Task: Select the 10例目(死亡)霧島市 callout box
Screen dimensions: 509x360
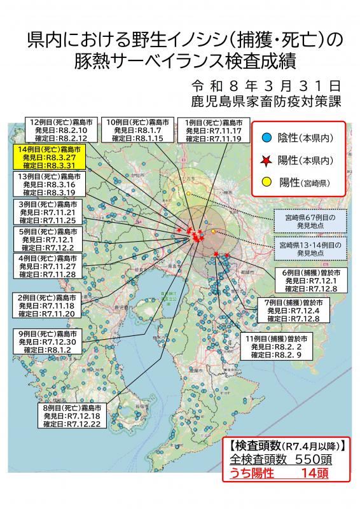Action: point(138,129)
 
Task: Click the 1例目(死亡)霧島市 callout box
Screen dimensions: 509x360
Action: point(214,129)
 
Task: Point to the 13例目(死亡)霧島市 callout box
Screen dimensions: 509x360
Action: point(49,184)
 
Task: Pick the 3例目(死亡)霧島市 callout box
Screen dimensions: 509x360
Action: point(49,212)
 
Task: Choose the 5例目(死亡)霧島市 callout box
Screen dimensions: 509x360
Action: point(49,239)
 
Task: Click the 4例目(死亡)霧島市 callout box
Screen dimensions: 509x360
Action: point(49,267)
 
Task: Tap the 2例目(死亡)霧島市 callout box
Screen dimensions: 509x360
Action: point(49,305)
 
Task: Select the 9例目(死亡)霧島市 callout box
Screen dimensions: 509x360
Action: point(49,342)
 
